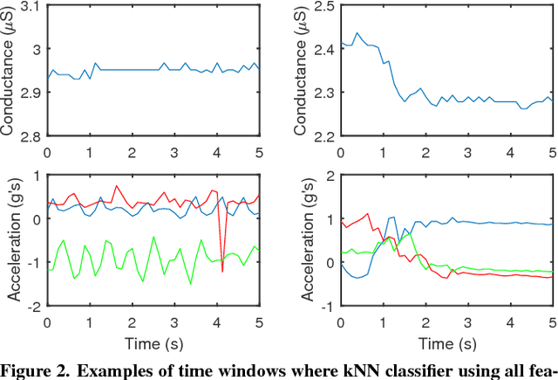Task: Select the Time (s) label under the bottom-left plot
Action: click(x=153, y=342)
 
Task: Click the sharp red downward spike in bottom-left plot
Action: click(x=222, y=272)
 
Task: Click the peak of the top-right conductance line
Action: click(x=357, y=33)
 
